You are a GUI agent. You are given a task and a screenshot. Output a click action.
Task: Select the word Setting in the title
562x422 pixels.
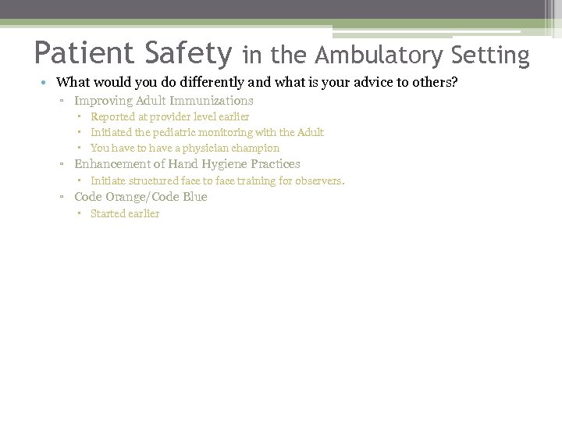coord(489,55)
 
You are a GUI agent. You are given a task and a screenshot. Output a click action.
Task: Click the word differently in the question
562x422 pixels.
coord(215,82)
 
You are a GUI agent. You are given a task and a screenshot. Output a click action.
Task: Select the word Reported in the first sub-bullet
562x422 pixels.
coord(114,116)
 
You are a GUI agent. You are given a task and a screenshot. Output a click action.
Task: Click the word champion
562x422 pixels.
coord(254,148)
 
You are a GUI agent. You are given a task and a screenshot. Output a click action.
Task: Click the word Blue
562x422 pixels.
coord(195,197)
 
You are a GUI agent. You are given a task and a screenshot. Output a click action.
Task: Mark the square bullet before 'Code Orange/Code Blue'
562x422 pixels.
coord(62,197)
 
